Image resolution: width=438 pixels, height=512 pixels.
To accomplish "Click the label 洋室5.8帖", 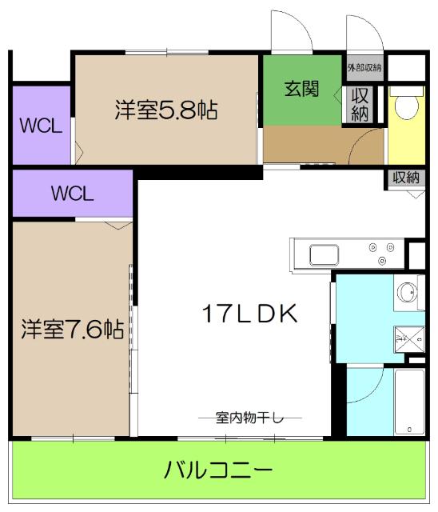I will coord(165,109).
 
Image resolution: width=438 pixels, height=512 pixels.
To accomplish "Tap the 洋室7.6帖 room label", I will coord(72,329).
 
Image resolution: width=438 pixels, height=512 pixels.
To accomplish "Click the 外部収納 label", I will coord(364,67).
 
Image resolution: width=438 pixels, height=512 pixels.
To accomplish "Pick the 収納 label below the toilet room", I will coord(406,178).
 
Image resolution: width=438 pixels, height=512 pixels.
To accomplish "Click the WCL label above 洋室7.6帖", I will coord(73,194).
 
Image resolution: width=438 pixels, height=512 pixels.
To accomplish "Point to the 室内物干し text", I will coord(250,417).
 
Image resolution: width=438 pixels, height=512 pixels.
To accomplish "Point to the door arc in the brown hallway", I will coord(367,142).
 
